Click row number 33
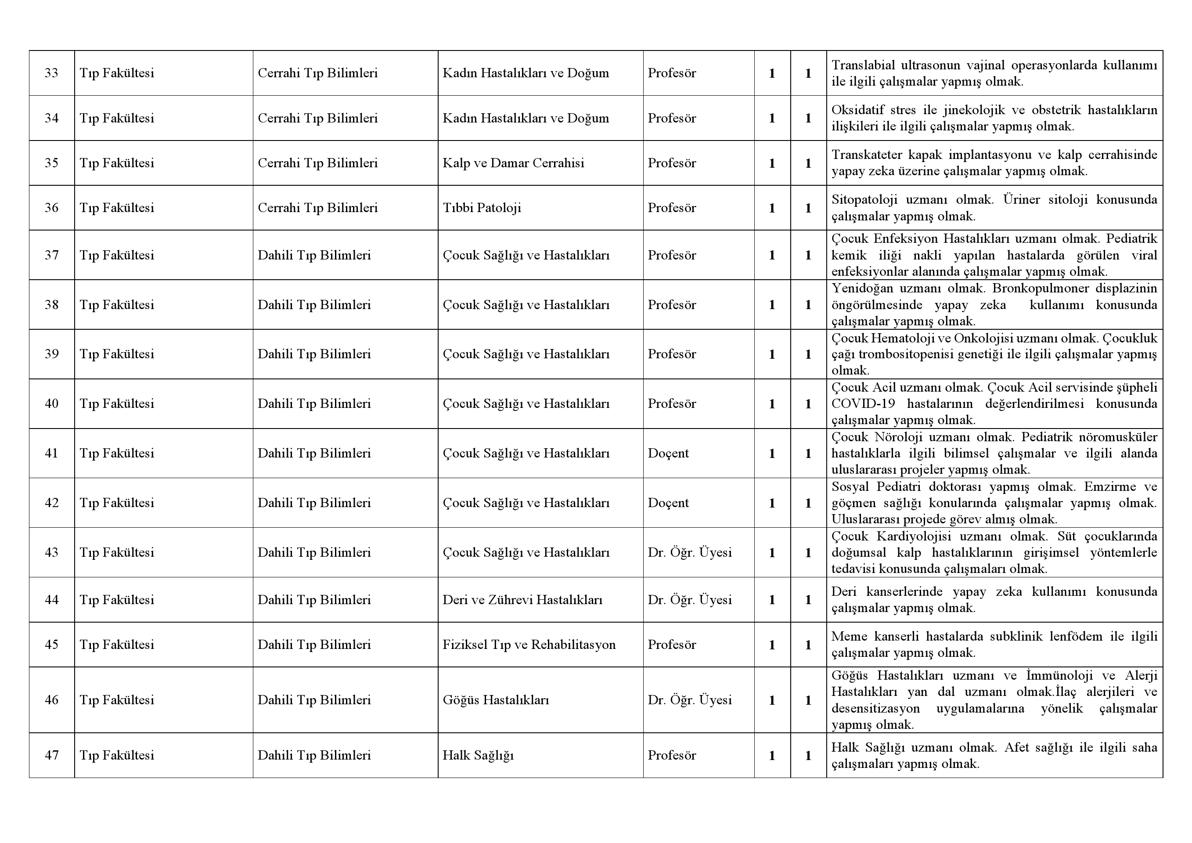pos(51,73)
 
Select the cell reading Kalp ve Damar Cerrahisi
pos(513,163)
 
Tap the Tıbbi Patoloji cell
pos(481,208)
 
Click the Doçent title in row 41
pos(668,453)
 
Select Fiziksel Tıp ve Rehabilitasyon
pos(529,645)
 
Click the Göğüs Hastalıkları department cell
pos(495,700)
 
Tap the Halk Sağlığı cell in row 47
pos(478,755)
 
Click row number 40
pos(51,404)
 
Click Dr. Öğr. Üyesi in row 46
pos(689,700)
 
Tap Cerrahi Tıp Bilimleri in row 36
pos(317,208)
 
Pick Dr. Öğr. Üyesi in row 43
pos(689,552)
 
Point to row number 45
pos(51,645)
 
